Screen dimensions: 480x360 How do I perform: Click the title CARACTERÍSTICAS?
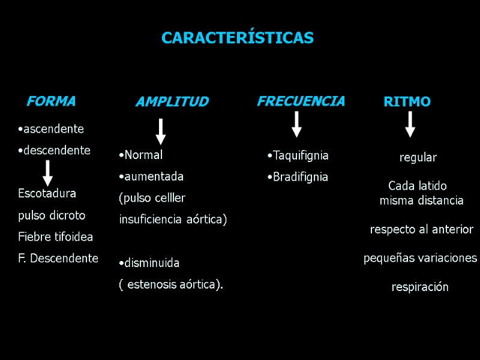click(238, 38)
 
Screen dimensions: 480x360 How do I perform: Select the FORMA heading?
click(51, 101)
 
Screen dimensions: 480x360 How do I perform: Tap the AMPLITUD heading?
click(172, 102)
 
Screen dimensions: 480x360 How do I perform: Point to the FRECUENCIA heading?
click(301, 101)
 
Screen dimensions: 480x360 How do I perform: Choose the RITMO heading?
click(407, 102)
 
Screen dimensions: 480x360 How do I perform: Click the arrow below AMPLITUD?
click(161, 131)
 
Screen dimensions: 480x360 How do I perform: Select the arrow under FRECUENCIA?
click(296, 124)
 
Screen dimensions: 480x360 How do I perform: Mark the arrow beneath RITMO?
click(410, 124)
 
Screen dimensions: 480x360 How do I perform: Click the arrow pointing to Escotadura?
click(48, 172)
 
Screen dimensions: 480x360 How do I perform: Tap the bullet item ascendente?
click(53, 129)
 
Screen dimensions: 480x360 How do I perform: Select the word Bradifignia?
click(300, 177)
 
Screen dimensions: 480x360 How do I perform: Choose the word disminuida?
click(151, 263)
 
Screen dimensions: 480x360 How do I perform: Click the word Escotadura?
click(47, 194)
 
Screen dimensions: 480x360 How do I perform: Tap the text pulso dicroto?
click(52, 215)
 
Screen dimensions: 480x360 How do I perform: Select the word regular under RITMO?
click(418, 158)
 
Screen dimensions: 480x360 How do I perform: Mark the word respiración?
click(420, 287)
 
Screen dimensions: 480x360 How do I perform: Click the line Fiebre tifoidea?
click(55, 237)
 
